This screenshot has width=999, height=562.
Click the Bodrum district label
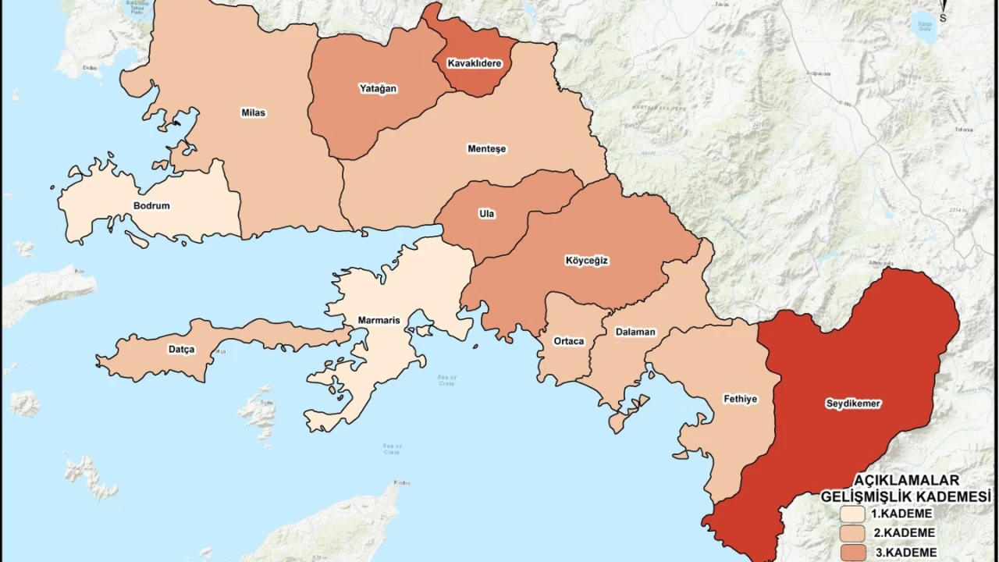pos(151,206)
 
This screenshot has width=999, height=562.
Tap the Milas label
pos(253,112)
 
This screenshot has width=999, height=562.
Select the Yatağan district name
pos(378,88)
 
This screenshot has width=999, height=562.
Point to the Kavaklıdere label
pos(474,62)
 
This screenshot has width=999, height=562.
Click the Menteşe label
pos(486,148)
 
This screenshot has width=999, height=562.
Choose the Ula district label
pos(487,214)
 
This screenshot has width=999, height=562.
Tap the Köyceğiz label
pos(586,261)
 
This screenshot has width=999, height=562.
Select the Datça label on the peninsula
pos(181,349)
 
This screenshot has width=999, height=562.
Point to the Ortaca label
pos(568,341)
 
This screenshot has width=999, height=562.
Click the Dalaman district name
pos(635,332)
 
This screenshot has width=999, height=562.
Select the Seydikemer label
pos(853,404)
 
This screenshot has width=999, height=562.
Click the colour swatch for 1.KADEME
pos(852,514)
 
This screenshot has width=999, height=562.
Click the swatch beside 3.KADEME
pos(852,552)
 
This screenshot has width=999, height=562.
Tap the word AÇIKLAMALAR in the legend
pos(906,480)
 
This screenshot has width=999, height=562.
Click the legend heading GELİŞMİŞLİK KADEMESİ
pos(905,496)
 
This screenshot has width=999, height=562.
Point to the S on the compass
pos(943,16)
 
